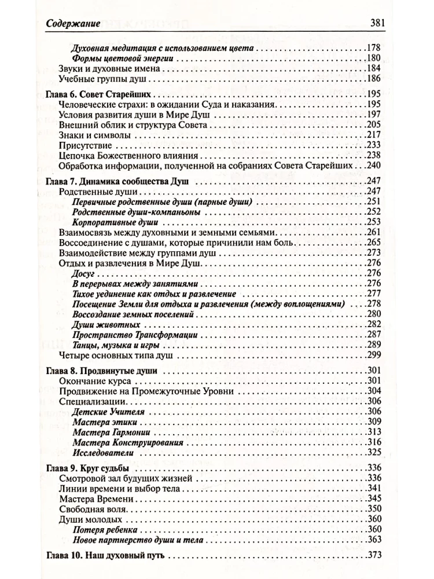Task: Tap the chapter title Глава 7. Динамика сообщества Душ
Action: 119,182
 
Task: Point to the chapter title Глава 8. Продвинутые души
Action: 104,371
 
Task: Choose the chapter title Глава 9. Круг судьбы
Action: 91,468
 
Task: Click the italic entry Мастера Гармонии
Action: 104,432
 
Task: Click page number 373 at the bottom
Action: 376,556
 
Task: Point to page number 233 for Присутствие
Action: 376,145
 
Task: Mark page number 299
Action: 376,354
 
